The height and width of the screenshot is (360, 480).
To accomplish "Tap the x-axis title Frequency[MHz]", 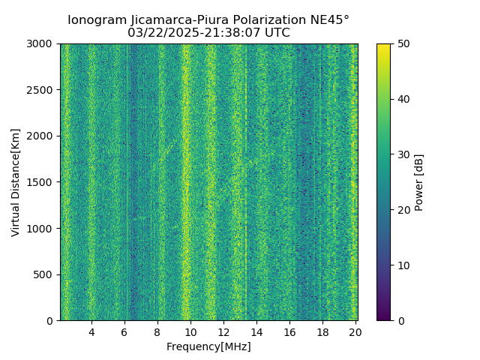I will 208,346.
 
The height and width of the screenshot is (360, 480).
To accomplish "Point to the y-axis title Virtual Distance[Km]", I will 16,182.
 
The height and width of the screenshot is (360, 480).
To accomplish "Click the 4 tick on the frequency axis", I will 91,331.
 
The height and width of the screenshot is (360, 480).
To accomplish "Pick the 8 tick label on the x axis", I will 157,331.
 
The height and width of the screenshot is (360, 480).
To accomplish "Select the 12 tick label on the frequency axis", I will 223,331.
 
